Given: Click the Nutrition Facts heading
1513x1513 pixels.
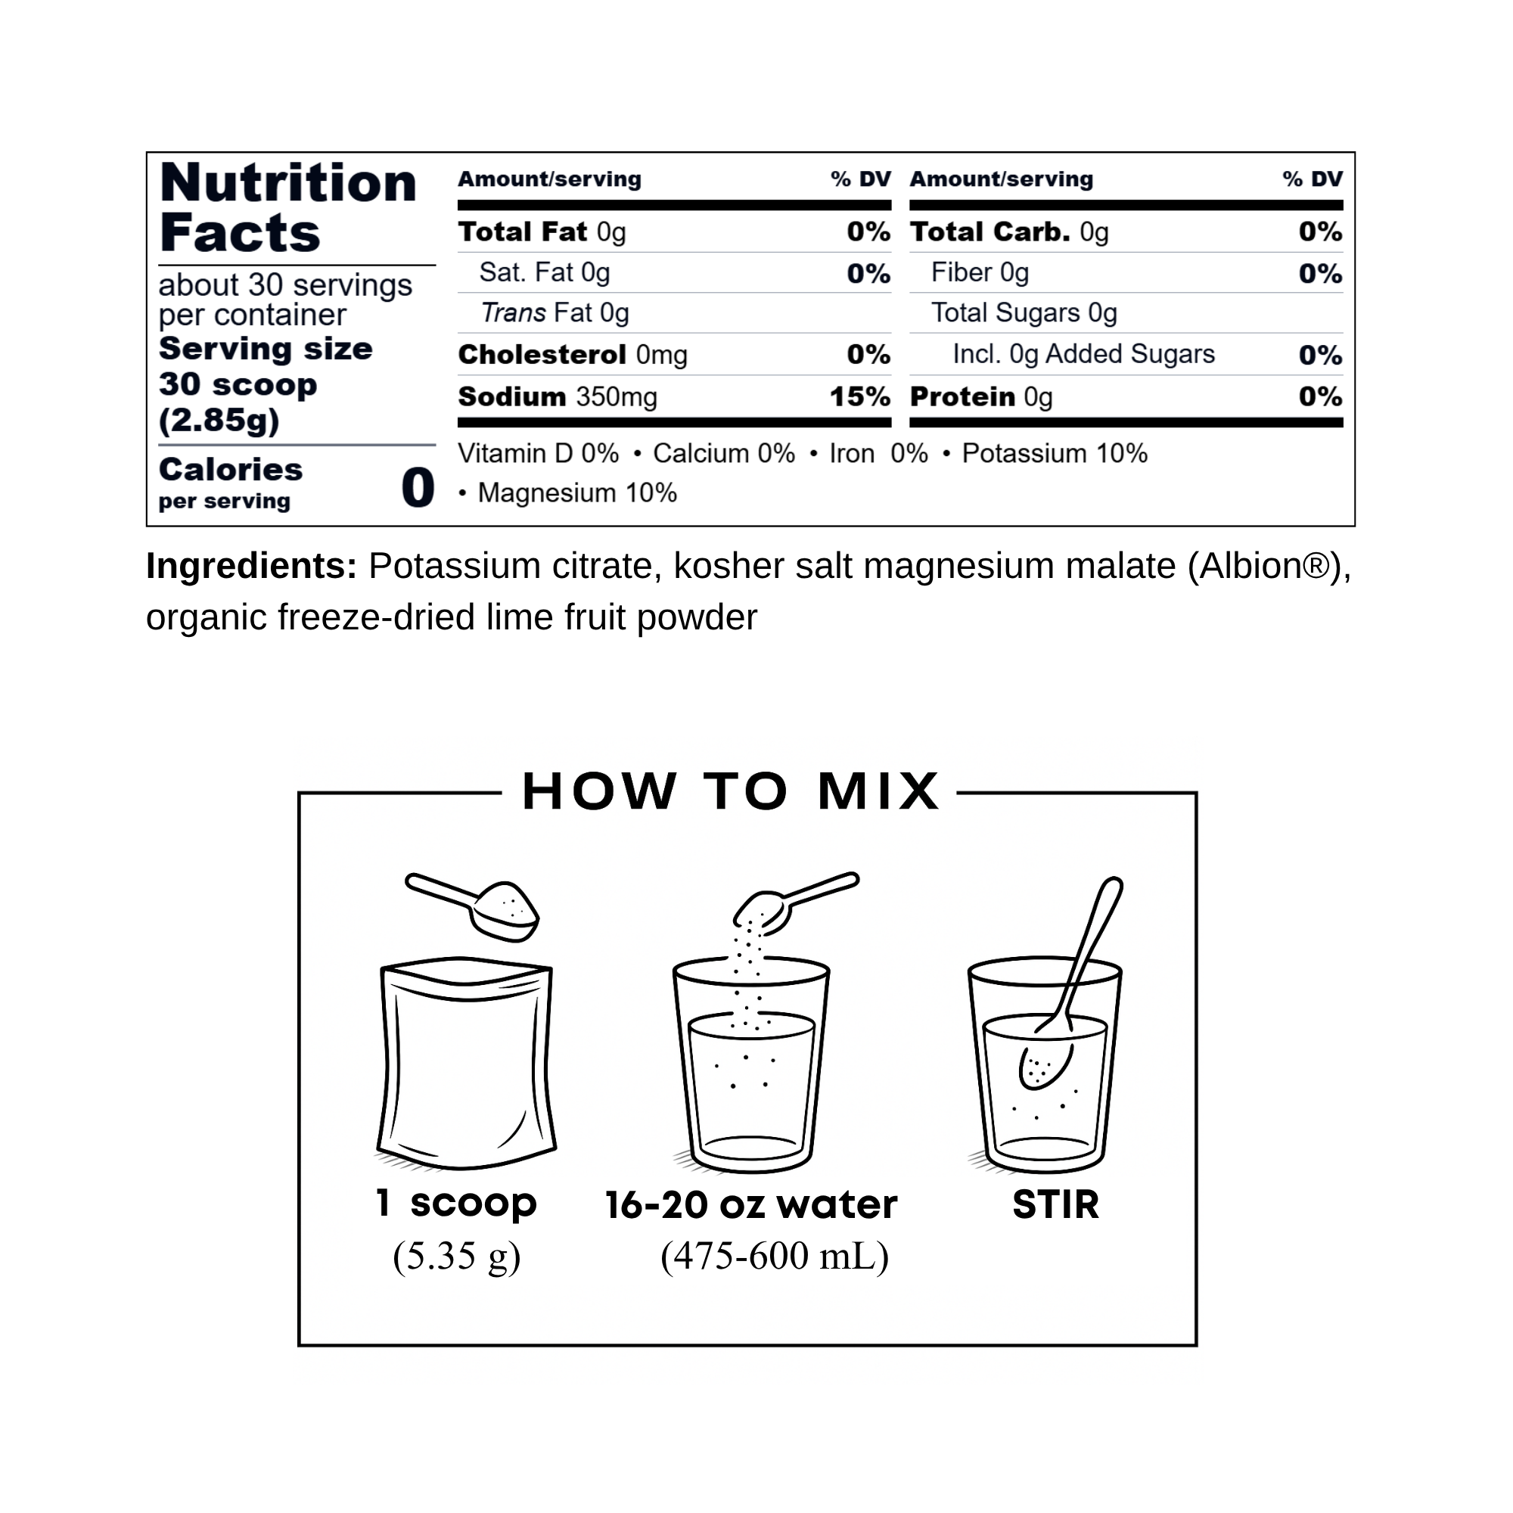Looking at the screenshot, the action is tap(288, 207).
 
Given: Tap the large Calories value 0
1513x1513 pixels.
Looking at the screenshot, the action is tap(418, 488).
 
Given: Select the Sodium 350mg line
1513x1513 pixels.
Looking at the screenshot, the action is tap(558, 397).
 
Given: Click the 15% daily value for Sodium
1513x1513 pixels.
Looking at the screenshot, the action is tap(860, 397).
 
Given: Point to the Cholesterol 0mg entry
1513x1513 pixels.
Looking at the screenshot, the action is tap(573, 355).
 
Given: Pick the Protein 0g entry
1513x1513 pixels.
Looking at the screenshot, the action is tap(981, 397).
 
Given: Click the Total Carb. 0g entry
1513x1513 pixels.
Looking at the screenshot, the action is tap(1009, 231).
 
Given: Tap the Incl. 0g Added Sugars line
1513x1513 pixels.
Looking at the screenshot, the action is tap(1084, 354).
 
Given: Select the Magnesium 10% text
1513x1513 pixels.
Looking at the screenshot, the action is tap(577, 493).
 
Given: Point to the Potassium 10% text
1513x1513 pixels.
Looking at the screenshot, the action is tap(1055, 453).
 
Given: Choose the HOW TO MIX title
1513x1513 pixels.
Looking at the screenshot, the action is tap(731, 791).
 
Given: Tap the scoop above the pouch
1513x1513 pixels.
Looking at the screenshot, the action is tap(473, 906).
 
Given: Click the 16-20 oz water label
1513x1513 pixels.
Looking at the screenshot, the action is tap(751, 1204).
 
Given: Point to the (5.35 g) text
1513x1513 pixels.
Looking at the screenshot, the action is tap(458, 1257).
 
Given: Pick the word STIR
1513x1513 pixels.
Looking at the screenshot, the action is tap(1055, 1204).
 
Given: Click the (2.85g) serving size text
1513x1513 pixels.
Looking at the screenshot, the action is tap(219, 421).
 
